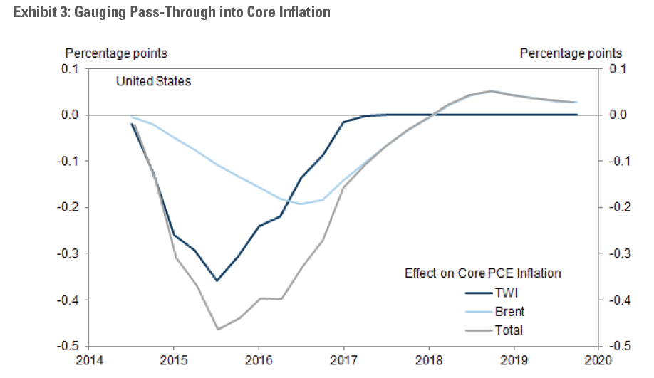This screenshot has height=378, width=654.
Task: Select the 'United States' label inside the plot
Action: [153, 81]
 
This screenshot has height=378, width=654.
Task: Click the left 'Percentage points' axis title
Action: [117, 53]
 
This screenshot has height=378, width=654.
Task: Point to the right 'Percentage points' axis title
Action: [571, 53]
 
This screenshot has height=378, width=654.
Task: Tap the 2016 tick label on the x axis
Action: [259, 361]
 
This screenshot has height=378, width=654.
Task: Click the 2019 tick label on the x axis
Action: [513, 361]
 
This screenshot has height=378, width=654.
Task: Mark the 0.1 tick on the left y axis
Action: [71, 69]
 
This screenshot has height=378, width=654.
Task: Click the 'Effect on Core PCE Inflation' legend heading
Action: [482, 273]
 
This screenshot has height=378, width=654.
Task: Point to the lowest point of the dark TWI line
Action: [217, 280]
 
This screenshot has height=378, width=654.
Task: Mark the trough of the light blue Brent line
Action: [301, 204]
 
